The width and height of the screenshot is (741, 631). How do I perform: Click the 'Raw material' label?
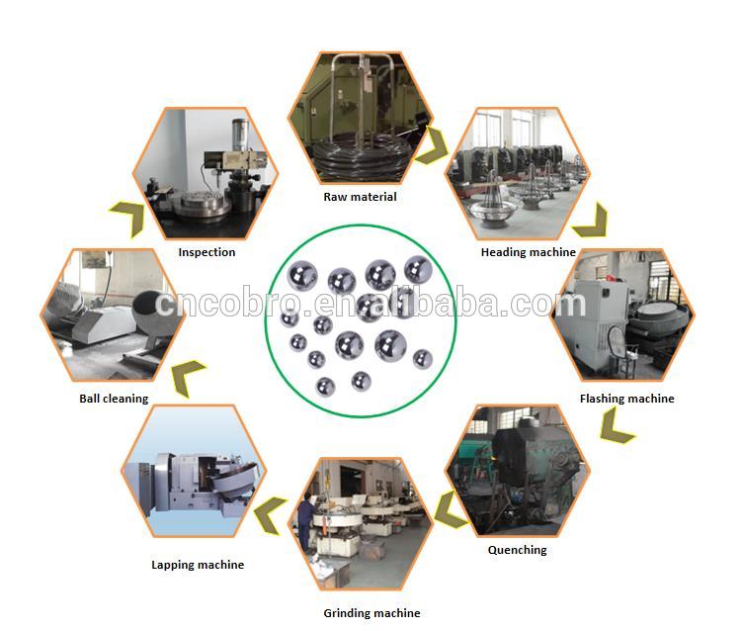tap(360, 197)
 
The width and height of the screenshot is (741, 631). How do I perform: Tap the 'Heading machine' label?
tap(528, 252)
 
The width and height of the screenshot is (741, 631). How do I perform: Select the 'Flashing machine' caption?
tap(626, 399)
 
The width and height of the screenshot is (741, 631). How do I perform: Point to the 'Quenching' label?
tap(517, 550)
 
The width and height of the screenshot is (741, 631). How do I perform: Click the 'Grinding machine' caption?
tap(371, 613)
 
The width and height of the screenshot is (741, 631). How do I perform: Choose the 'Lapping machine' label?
tap(198, 565)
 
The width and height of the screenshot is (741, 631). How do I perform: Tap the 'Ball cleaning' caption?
tap(114, 399)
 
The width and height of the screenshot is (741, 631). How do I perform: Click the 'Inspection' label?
tap(206, 252)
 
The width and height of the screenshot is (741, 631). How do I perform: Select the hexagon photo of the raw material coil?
tap(360, 119)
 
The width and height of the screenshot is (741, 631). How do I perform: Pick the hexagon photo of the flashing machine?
tap(621, 315)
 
